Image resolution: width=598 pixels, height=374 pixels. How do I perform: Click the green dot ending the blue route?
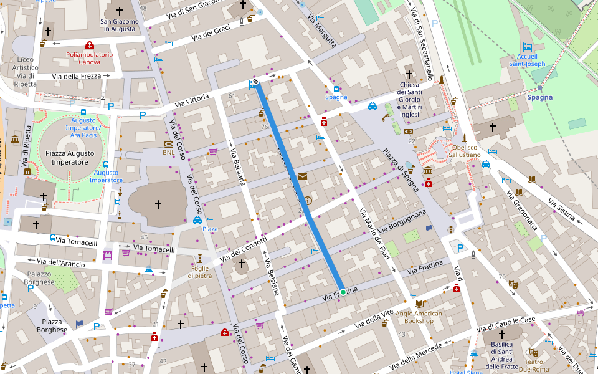[x=343, y=292]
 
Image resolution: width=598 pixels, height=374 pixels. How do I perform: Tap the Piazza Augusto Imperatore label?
[x=70, y=157]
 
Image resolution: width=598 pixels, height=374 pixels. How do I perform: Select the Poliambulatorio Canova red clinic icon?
[x=89, y=45]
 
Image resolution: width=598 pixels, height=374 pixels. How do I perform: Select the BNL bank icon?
[x=168, y=144]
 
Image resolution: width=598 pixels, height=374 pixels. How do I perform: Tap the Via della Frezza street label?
[x=77, y=76]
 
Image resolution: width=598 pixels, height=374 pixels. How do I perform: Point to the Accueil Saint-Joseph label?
[x=527, y=60]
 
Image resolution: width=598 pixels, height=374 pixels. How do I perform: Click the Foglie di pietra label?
[x=199, y=271]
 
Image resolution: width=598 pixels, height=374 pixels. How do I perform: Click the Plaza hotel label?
[x=211, y=229]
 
